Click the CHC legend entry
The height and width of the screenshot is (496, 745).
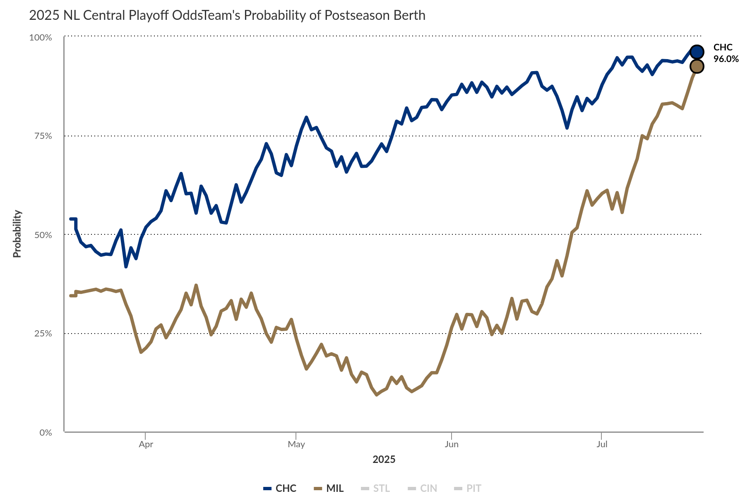281,488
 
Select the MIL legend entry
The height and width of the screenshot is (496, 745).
329,488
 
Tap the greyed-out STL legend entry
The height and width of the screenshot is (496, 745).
376,488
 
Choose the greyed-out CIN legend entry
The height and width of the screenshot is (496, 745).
423,488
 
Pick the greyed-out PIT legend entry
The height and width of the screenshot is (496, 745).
468,488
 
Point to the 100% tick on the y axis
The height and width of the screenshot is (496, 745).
41,38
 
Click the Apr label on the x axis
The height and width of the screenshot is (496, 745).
146,444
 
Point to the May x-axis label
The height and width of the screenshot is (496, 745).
296,444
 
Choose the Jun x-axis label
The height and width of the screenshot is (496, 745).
451,444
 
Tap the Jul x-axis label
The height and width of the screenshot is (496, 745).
602,444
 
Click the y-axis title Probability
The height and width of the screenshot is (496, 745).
17,234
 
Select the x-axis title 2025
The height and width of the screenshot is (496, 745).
384,459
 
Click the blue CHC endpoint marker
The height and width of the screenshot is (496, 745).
697,52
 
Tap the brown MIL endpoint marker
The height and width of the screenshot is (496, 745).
697,66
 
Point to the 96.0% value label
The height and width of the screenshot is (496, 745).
726,59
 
